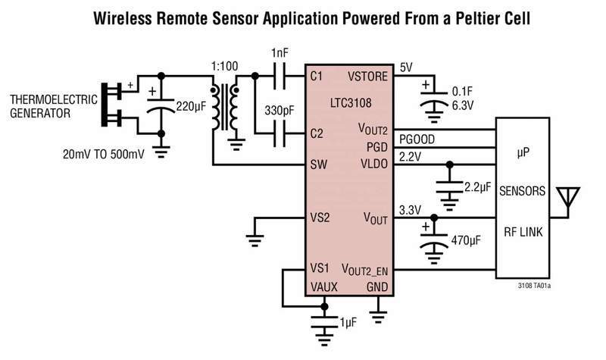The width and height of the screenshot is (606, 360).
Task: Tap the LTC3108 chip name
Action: coord(351,103)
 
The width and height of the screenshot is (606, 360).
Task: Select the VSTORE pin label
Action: coord(367,77)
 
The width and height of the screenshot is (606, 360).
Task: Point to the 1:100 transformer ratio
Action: coord(224,66)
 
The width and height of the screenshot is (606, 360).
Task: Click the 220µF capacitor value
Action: coord(192,106)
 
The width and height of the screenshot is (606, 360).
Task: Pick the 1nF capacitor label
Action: coord(280,53)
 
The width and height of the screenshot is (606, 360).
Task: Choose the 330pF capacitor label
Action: coord(280,111)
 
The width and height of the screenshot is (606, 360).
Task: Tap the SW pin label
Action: coord(318,164)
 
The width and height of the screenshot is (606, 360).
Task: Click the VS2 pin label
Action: coord(320,218)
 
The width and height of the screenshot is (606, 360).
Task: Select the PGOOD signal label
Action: coord(417,139)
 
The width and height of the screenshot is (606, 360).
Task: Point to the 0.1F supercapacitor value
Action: coord(462,91)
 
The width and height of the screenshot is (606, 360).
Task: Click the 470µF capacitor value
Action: coord(466,240)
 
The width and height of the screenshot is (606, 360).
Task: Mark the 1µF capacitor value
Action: coord(348,323)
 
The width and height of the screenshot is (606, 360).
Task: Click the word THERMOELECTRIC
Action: coord(54,100)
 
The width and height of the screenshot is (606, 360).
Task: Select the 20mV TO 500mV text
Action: coord(104,155)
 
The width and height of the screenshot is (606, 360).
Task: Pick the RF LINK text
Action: coord(523,232)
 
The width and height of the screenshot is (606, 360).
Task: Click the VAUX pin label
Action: coord(324,287)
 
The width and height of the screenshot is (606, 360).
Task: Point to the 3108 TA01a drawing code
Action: coord(535,286)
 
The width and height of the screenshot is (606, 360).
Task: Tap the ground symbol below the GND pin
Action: coord(378,315)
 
